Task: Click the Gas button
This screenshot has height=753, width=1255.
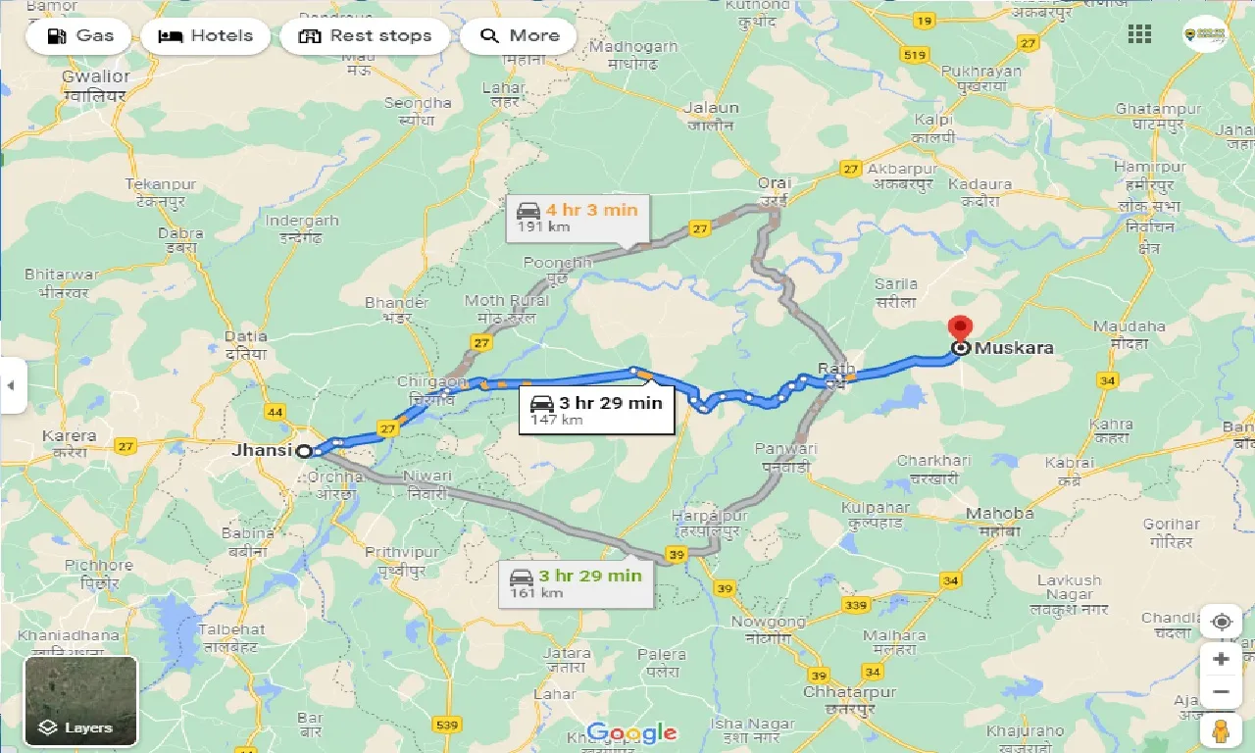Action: click(x=82, y=36)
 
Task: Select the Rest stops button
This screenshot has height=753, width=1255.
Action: click(x=365, y=36)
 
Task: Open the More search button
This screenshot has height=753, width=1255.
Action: click(x=519, y=36)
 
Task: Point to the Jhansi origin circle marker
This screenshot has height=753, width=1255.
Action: click(x=304, y=451)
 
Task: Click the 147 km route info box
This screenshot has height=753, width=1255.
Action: click(x=597, y=410)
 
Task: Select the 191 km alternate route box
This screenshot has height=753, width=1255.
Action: click(x=577, y=217)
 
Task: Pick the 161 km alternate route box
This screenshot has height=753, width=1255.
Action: click(x=576, y=582)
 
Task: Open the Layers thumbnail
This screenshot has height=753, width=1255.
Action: click(x=81, y=700)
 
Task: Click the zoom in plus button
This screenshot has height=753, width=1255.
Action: click(x=1221, y=659)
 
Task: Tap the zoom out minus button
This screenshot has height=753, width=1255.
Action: click(x=1221, y=692)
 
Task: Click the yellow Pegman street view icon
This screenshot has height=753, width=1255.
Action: click(x=1221, y=731)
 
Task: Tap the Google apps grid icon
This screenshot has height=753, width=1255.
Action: click(x=1139, y=34)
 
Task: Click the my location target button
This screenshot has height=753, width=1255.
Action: click(x=1221, y=623)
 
